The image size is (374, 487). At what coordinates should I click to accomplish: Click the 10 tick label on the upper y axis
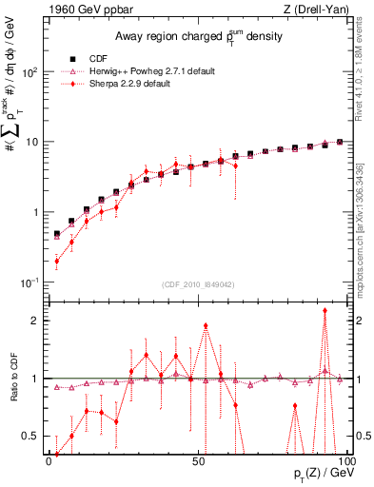coord(33,143)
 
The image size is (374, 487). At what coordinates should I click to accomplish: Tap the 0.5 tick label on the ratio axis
coord(31,437)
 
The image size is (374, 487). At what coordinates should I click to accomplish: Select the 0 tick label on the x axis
coord(49,460)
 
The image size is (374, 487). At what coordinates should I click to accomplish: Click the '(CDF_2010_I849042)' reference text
coord(198,282)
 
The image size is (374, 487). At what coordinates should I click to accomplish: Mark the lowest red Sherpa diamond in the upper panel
coord(56,262)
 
